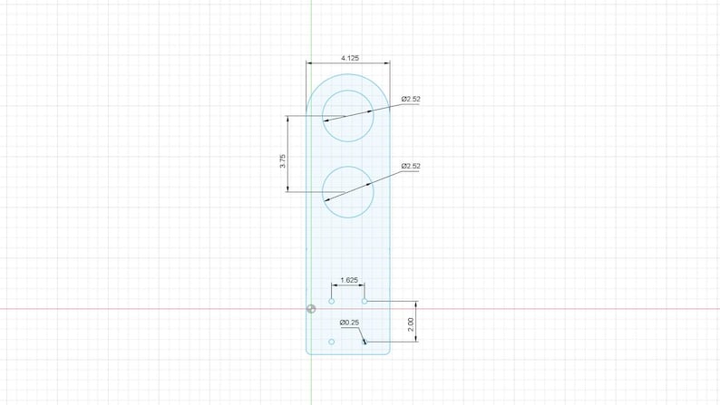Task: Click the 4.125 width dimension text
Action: (350, 58)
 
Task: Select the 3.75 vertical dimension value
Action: (282, 161)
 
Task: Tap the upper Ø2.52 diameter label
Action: (411, 99)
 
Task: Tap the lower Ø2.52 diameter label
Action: (411, 166)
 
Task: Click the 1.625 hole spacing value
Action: (349, 280)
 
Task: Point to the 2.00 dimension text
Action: (411, 324)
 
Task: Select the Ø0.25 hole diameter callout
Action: (349, 323)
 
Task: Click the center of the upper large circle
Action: (347, 116)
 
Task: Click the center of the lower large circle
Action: (347, 192)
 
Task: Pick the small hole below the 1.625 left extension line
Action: (332, 302)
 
